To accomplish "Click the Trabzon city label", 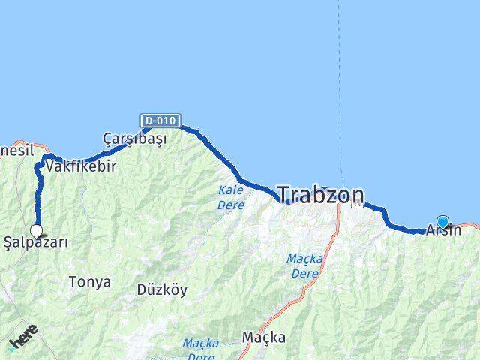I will [321, 195].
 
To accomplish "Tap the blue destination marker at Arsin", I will [442, 222].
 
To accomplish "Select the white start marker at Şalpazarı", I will [36, 231].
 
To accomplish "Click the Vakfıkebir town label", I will [81, 166].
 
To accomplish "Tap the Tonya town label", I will [89, 282].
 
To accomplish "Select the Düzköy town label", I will [162, 289].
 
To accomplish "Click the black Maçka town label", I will [263, 337].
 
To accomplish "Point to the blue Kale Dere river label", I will [230, 196].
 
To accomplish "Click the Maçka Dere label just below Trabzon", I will [304, 265].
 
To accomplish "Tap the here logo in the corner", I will [22, 341].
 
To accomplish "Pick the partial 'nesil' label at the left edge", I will [16, 150].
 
